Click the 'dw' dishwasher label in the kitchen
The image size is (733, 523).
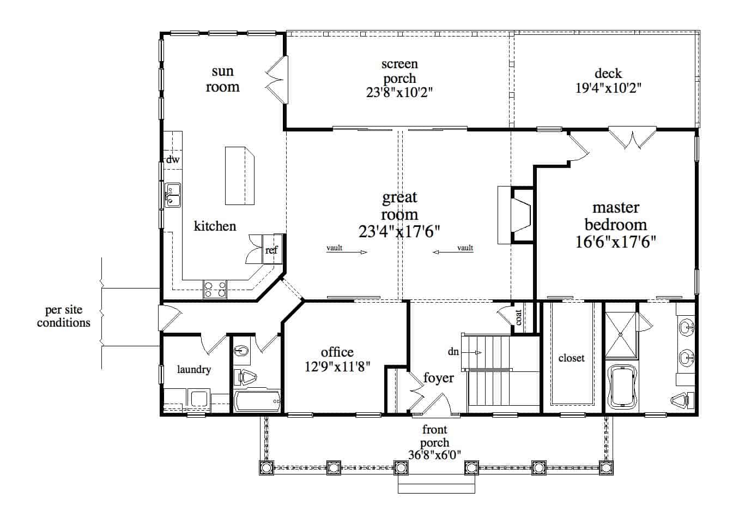[173, 160]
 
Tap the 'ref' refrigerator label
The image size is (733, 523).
[271, 250]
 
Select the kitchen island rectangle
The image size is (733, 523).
[240, 175]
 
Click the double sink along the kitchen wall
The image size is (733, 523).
[173, 196]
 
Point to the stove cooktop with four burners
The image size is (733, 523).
[215, 289]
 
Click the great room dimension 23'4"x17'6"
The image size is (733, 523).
[399, 232]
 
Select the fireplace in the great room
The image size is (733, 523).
[516, 215]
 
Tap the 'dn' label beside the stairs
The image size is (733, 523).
[453, 352]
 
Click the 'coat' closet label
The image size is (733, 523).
[518, 317]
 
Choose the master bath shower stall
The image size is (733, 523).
[621, 334]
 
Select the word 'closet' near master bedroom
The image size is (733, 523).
[571, 358]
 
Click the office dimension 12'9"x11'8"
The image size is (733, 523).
[337, 366]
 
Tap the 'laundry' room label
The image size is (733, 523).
[193, 370]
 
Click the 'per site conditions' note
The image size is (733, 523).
[64, 316]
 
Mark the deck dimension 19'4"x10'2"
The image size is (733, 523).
[608, 88]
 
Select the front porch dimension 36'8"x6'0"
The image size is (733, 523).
[435, 454]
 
